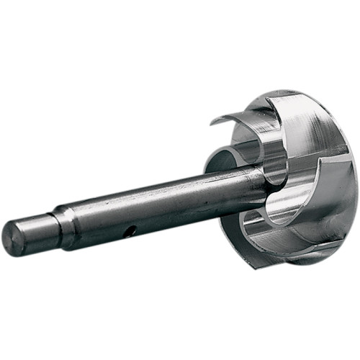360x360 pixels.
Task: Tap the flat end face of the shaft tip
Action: coord(12,239)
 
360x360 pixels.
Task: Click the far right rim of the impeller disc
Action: coord(353,180)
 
